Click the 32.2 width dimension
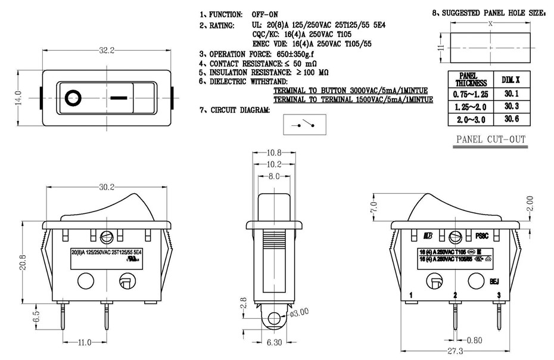107,51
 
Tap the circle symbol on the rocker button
73,97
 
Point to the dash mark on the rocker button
119,97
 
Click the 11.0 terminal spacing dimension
85,342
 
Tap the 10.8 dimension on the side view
274,153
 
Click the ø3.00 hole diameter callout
298,313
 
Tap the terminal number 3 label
498,295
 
